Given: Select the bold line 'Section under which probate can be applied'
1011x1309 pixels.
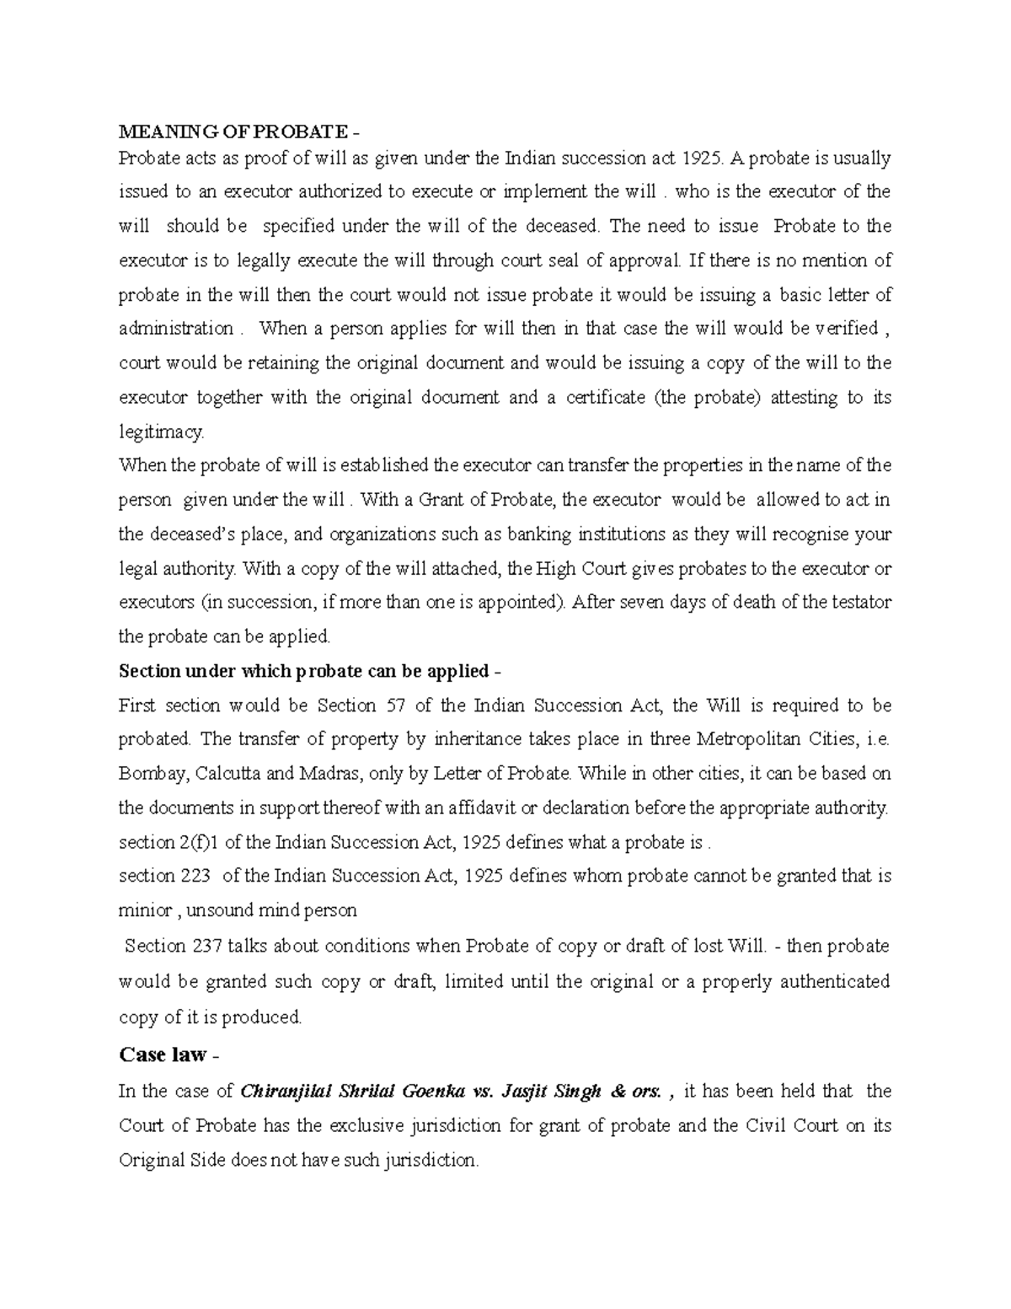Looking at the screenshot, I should pos(304,671).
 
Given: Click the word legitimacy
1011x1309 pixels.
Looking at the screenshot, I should pos(161,432).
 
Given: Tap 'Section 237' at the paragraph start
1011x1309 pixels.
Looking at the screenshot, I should pos(173,946).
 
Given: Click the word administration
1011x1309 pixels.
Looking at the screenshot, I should pos(176,329).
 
